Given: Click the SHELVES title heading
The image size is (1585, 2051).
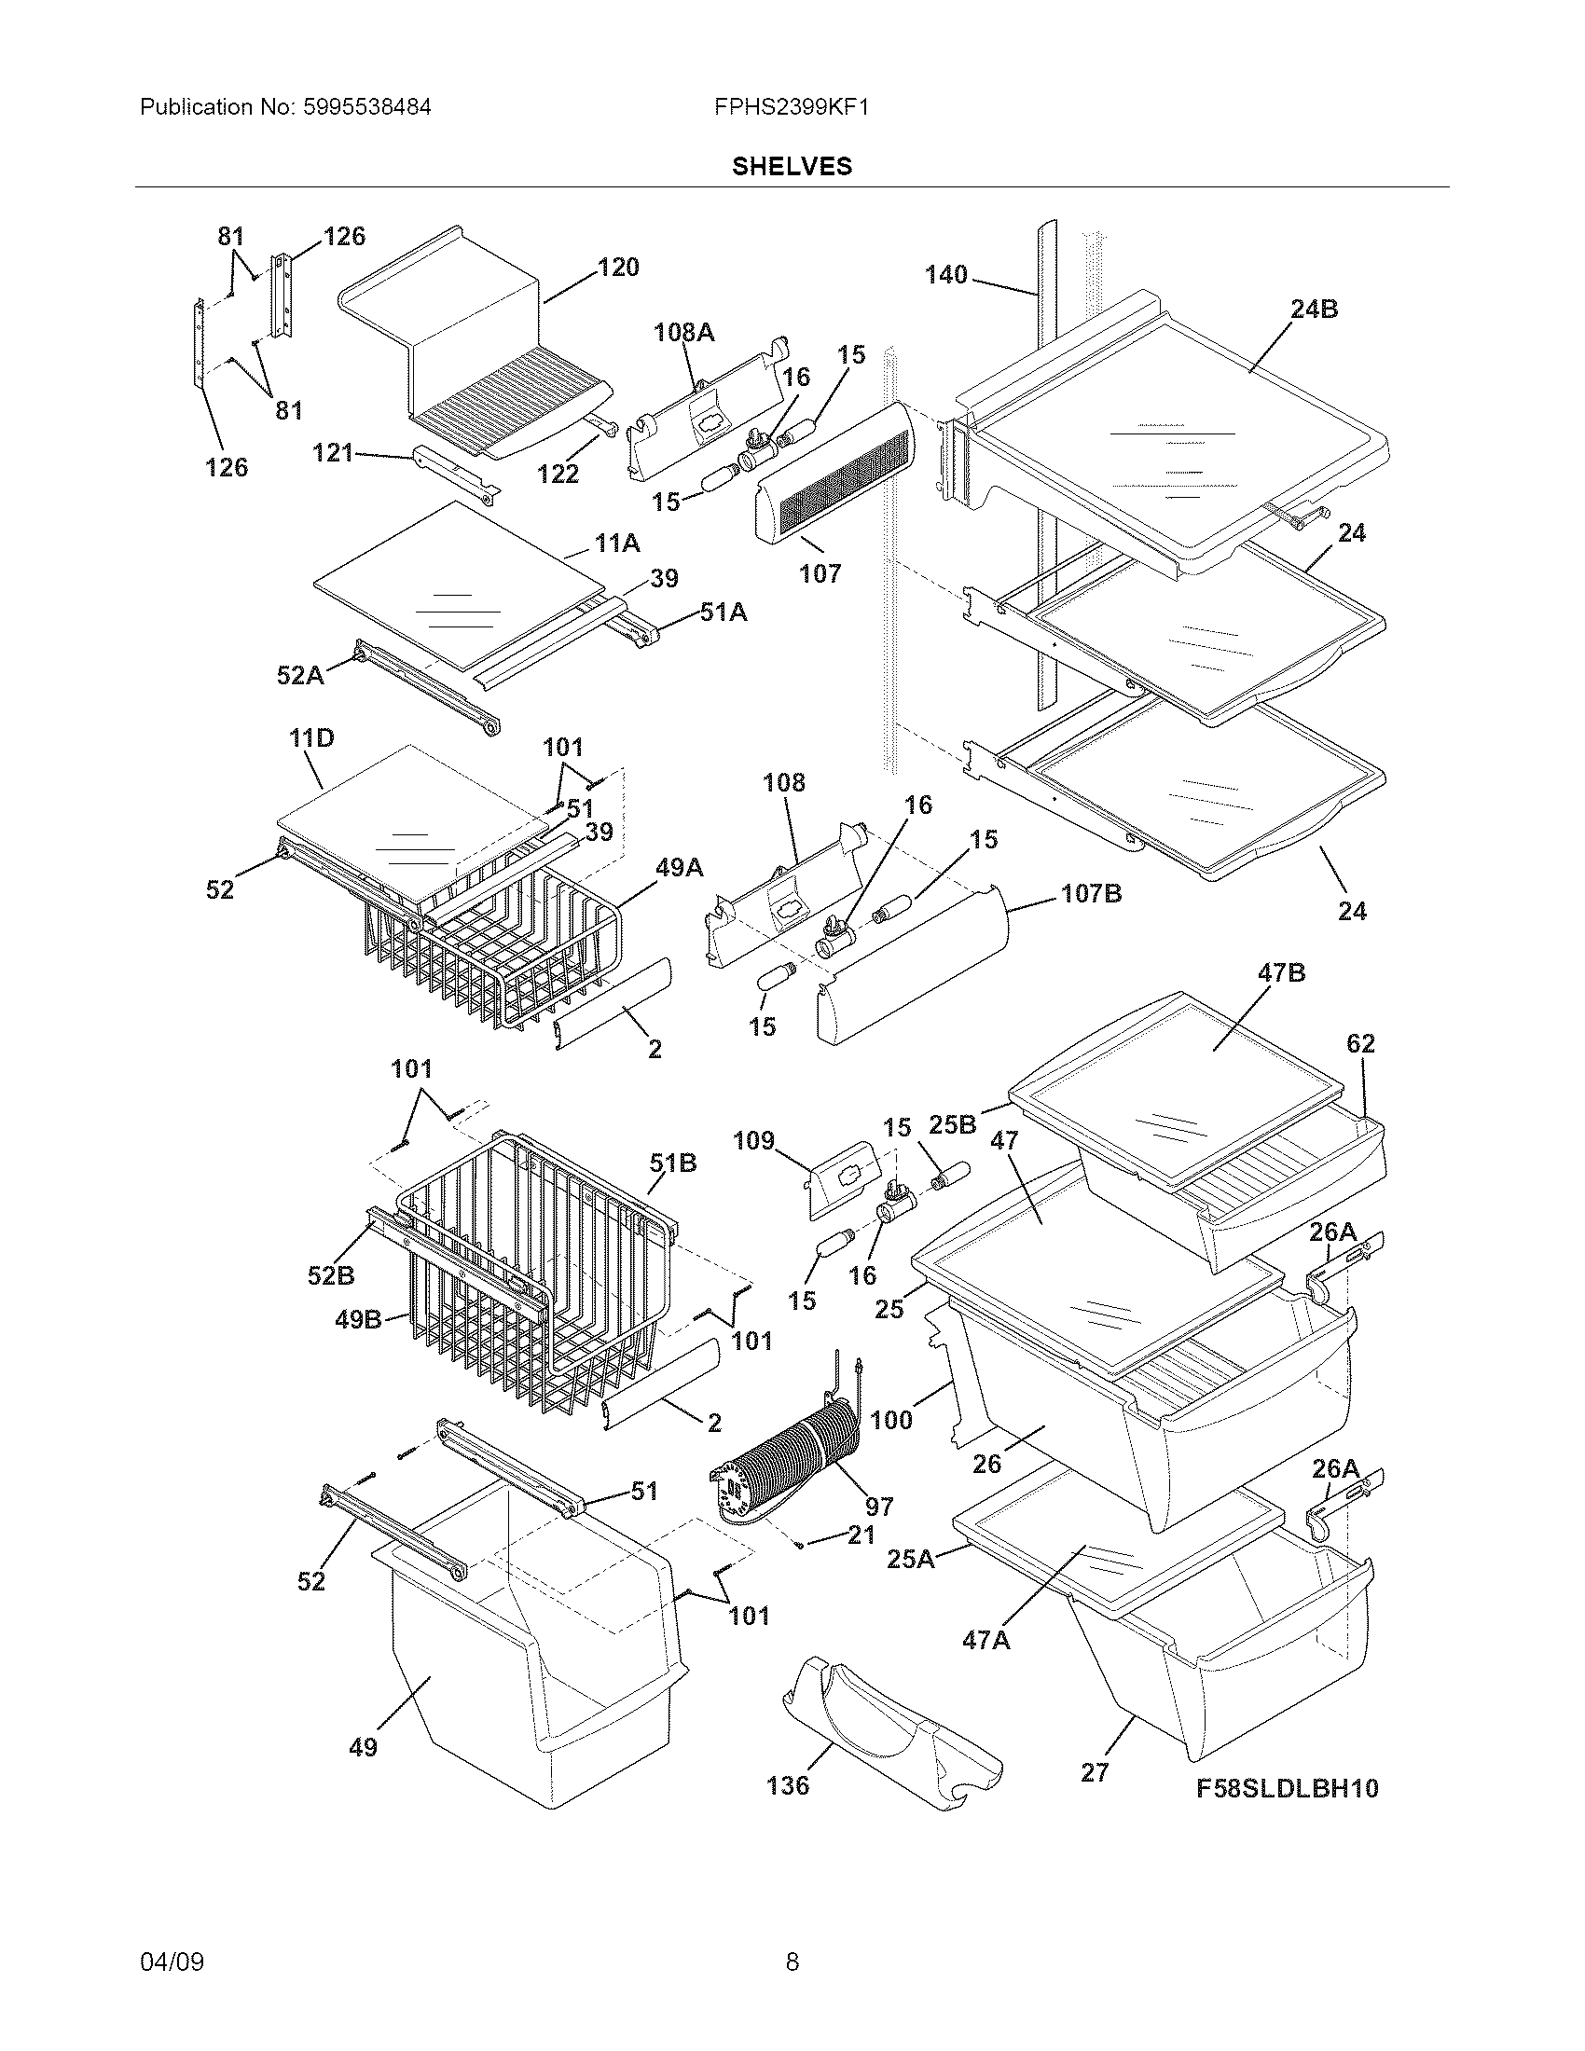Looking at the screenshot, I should [792, 166].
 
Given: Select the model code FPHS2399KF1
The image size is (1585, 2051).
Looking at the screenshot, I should [791, 107].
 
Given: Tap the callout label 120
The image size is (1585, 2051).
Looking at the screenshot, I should [618, 268].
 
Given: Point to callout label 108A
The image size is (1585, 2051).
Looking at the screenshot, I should [683, 332].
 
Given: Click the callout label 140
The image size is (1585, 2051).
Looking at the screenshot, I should [945, 274].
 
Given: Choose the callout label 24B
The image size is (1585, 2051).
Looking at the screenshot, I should [1314, 309].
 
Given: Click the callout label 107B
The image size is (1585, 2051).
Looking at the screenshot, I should [1091, 893].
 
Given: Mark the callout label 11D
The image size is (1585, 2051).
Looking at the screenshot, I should [310, 738].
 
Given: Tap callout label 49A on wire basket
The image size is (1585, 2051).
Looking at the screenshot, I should [679, 868].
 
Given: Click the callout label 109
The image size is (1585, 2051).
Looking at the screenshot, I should [753, 1140].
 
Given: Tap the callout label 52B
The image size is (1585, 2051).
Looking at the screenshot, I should [331, 1275].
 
